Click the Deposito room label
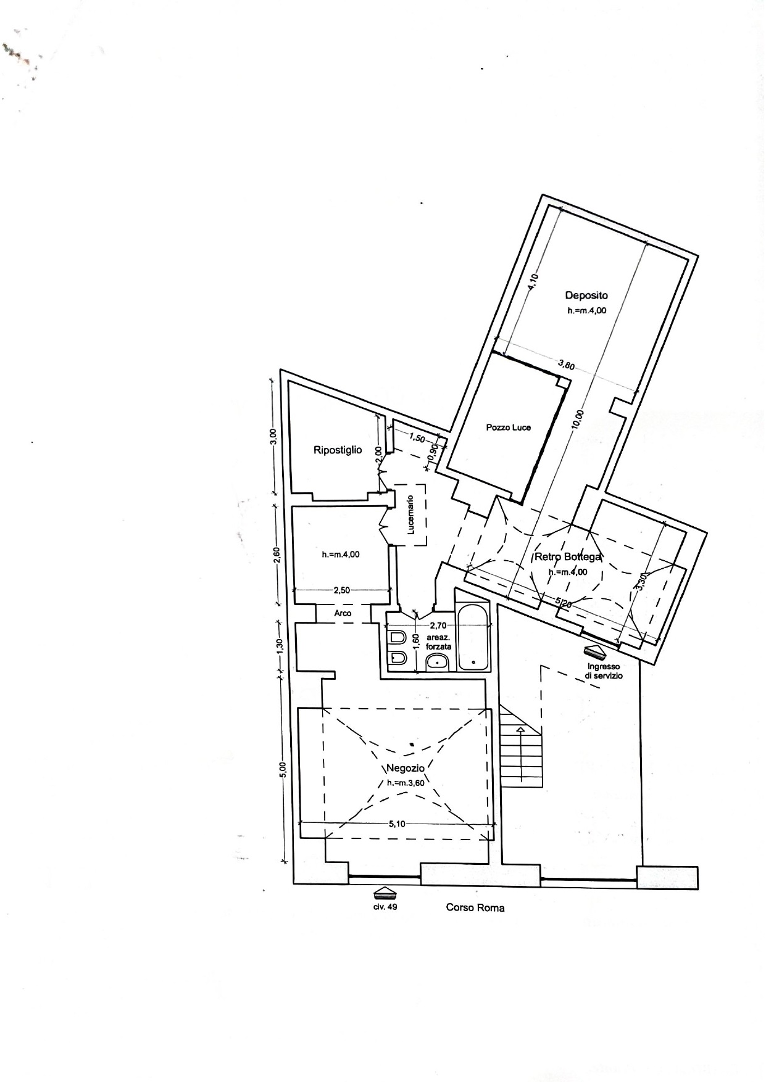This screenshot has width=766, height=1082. tap(586, 296)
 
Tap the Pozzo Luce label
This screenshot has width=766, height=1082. tap(508, 427)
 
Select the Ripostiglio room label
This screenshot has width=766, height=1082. tap(338, 450)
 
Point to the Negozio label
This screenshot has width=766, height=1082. tap(406, 769)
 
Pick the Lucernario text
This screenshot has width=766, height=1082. tap(412, 516)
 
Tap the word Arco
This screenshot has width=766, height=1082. tap(343, 613)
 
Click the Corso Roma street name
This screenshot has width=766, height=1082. tap(475, 908)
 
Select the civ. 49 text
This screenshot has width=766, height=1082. tap(385, 907)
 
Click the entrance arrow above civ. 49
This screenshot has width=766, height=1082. tap(385, 892)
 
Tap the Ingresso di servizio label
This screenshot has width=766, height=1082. tap(604, 671)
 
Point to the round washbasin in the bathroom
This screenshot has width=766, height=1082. tap(437, 663)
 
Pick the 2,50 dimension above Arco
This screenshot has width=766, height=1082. tap(341, 590)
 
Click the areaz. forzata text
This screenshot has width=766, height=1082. tap(438, 643)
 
